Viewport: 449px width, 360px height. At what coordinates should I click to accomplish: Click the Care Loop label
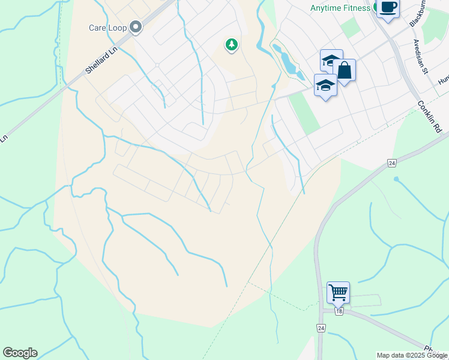(106, 28)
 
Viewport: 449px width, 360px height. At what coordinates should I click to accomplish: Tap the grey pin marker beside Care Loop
(136, 26)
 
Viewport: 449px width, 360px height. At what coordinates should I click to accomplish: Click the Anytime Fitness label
(340, 8)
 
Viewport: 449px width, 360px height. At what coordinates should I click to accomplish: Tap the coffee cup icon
(388, 8)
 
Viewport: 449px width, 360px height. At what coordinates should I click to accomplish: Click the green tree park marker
(231, 44)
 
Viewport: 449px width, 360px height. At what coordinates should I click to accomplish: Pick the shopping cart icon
(338, 292)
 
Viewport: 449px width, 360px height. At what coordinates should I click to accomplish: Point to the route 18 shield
(339, 311)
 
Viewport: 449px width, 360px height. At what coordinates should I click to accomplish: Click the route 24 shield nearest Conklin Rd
(392, 163)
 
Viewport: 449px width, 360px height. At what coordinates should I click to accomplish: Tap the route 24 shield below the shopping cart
(321, 328)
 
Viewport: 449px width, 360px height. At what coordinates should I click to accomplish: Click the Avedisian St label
(419, 57)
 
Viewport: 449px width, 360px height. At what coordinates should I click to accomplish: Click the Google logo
(20, 353)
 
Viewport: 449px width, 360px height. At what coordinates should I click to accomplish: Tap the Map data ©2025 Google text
(411, 355)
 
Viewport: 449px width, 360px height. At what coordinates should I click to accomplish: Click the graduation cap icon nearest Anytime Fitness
(331, 60)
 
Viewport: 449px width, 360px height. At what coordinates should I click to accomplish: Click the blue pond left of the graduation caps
(286, 59)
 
